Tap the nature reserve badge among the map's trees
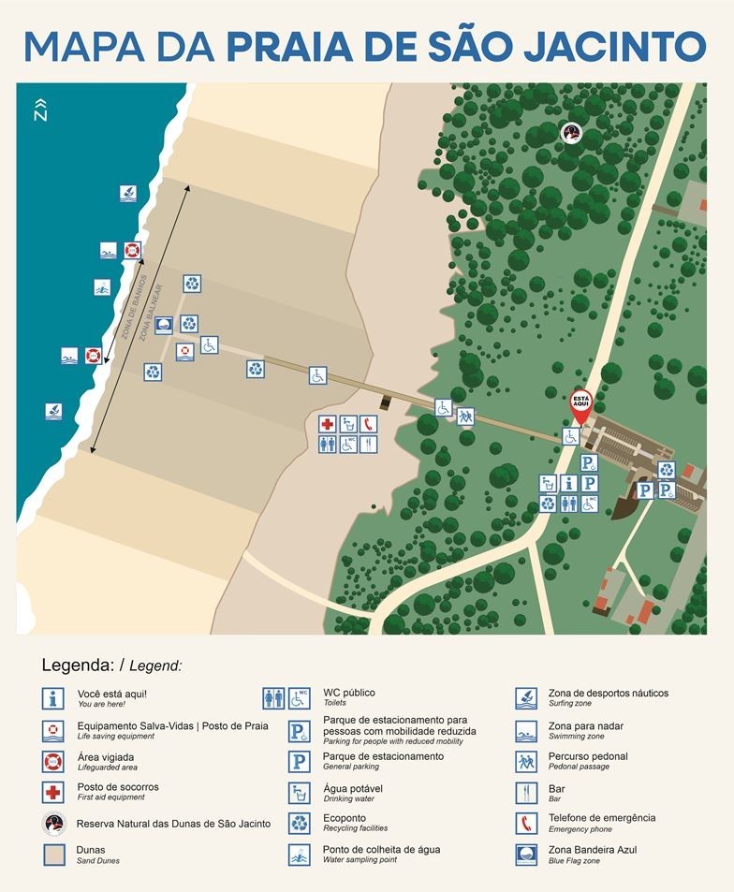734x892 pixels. click(571, 134)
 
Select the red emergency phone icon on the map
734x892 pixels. click(368, 424)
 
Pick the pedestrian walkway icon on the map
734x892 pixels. click(465, 416)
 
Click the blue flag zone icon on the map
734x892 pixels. click(164, 325)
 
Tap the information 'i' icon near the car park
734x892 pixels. click(568, 483)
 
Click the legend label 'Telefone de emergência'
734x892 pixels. click(601, 818)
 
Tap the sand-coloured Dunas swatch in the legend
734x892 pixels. click(53, 855)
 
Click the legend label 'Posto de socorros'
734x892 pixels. click(118, 787)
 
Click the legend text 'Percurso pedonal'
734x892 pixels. click(588, 756)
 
